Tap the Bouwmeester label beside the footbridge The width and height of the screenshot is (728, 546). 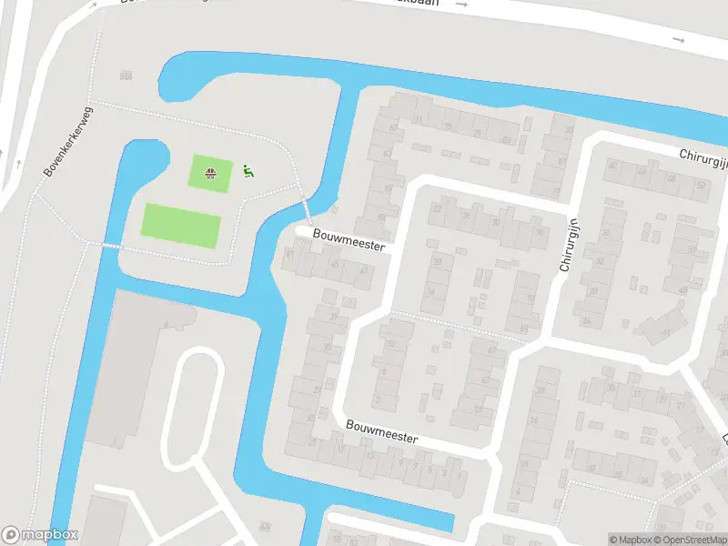coord(349,240)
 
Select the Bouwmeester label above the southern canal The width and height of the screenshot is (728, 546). coord(381,431)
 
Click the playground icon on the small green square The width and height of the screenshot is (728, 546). coord(210,173)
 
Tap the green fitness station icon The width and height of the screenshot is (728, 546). coord(248,170)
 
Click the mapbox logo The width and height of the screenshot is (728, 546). coord(40,534)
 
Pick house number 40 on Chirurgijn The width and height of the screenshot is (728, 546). coord(612,166)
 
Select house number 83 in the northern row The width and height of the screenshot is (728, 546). coord(506,139)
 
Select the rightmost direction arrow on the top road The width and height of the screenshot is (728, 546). coord(678,40)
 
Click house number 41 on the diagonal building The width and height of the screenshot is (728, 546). coord(666,333)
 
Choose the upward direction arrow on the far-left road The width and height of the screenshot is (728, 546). coord(19,164)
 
